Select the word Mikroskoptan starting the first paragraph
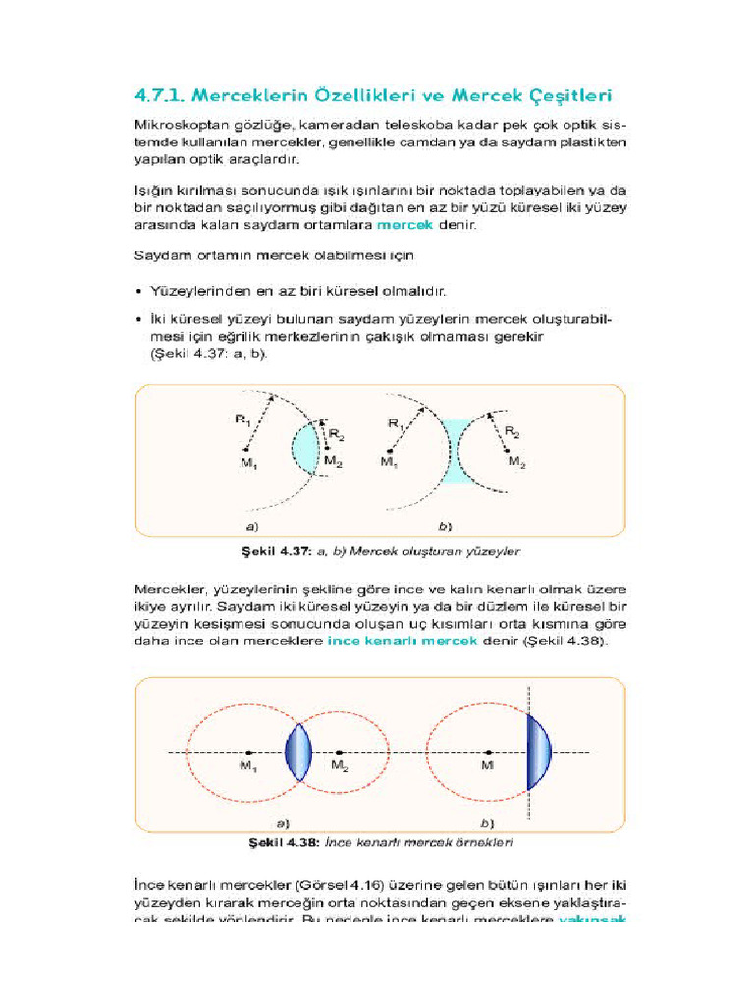click(177, 127)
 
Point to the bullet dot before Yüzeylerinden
click(137, 292)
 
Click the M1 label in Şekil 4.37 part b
click(390, 461)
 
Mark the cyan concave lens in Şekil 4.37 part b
click(456, 452)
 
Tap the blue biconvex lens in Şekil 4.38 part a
click(297, 753)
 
